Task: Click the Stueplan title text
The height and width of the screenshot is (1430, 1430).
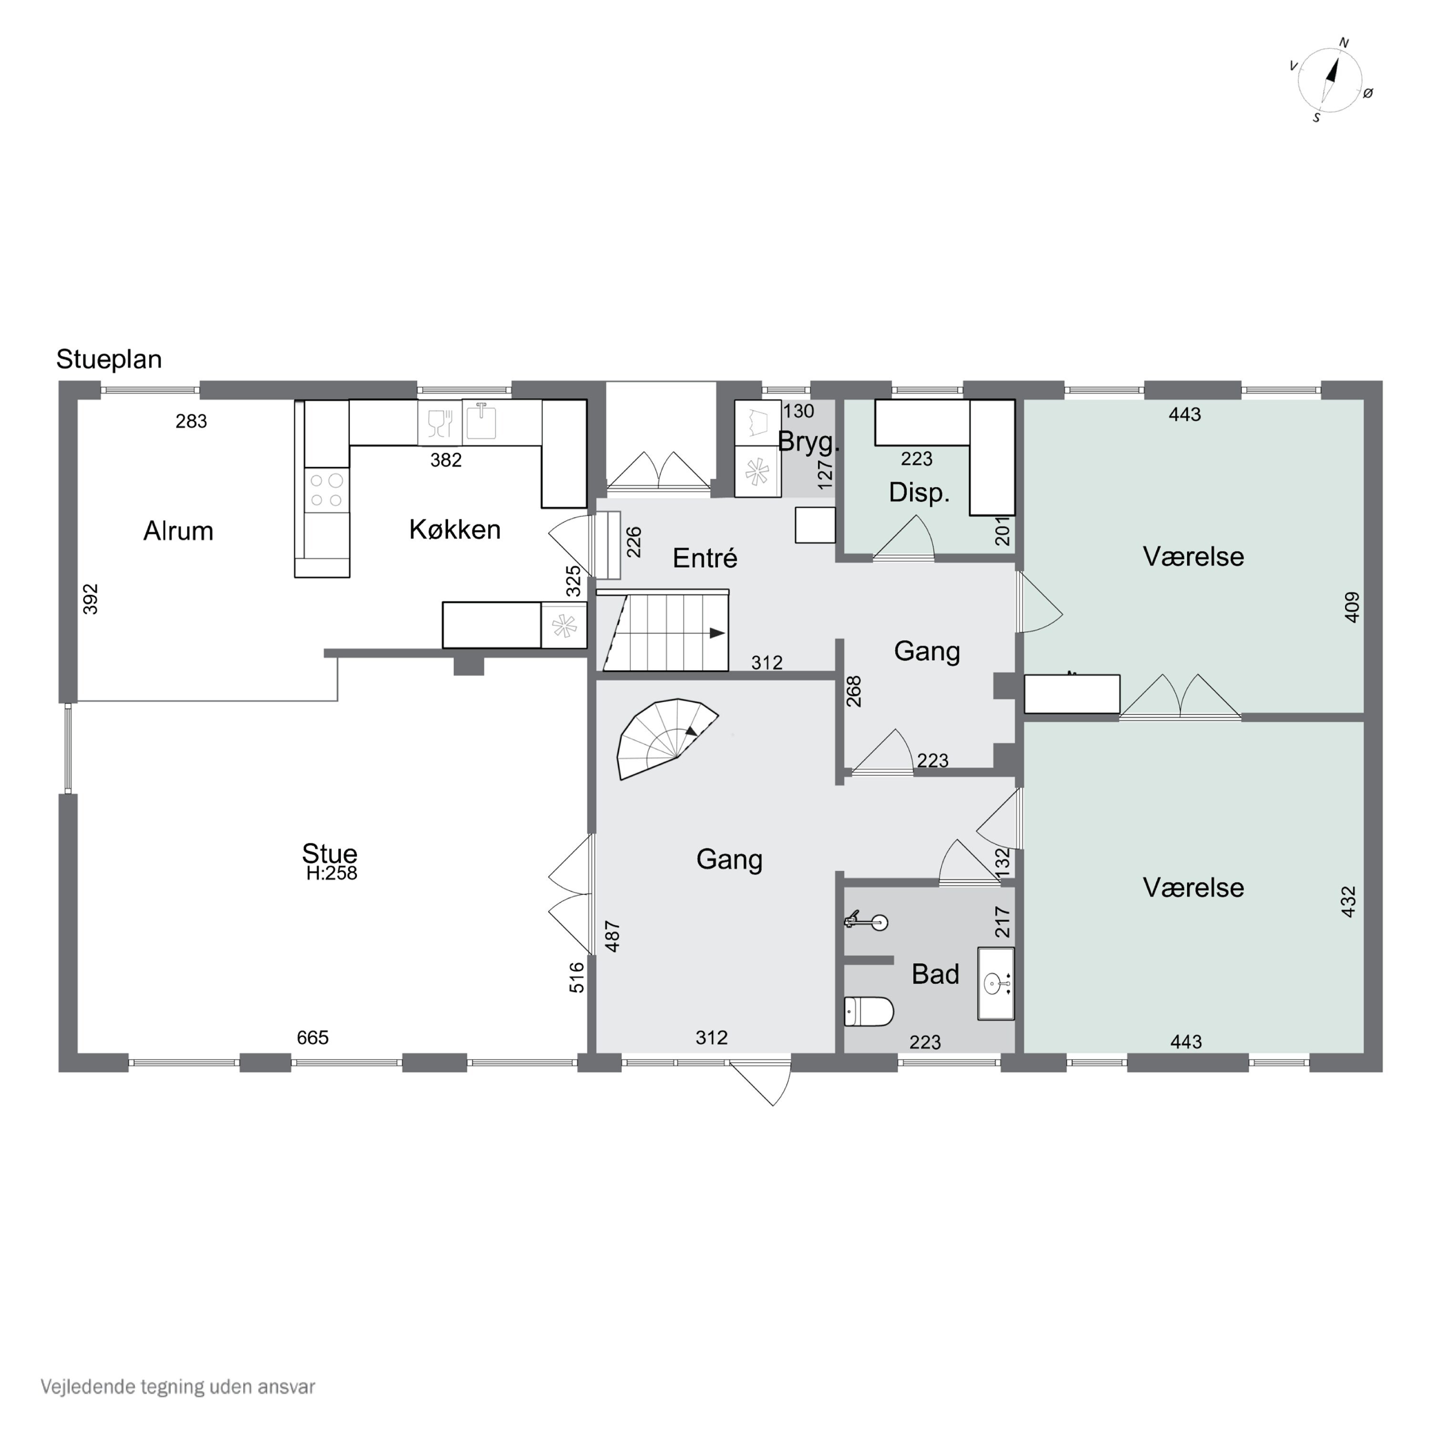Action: coord(109,359)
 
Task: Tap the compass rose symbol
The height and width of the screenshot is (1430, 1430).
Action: coord(1329,80)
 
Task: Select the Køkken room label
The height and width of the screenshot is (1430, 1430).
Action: coord(454,529)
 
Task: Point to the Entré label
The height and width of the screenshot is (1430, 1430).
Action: coord(705,558)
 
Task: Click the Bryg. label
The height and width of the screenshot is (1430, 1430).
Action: coord(808,442)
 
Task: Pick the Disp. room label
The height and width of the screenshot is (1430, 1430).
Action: coord(919,492)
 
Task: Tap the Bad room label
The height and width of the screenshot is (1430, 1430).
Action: coord(935,974)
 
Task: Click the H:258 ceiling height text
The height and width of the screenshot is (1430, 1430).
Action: coord(332,873)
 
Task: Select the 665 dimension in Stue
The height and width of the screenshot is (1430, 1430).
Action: coord(312,1038)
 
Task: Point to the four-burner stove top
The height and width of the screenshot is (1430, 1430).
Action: coord(326,490)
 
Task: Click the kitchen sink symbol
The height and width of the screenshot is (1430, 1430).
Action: coord(481,422)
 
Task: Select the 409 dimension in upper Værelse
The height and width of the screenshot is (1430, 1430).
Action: coord(1351,607)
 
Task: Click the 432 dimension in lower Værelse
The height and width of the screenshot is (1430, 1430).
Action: coord(1348,901)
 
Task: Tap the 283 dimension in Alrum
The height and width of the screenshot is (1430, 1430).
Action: coord(191,421)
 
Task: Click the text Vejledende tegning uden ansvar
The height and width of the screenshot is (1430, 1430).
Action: coord(178,1386)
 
